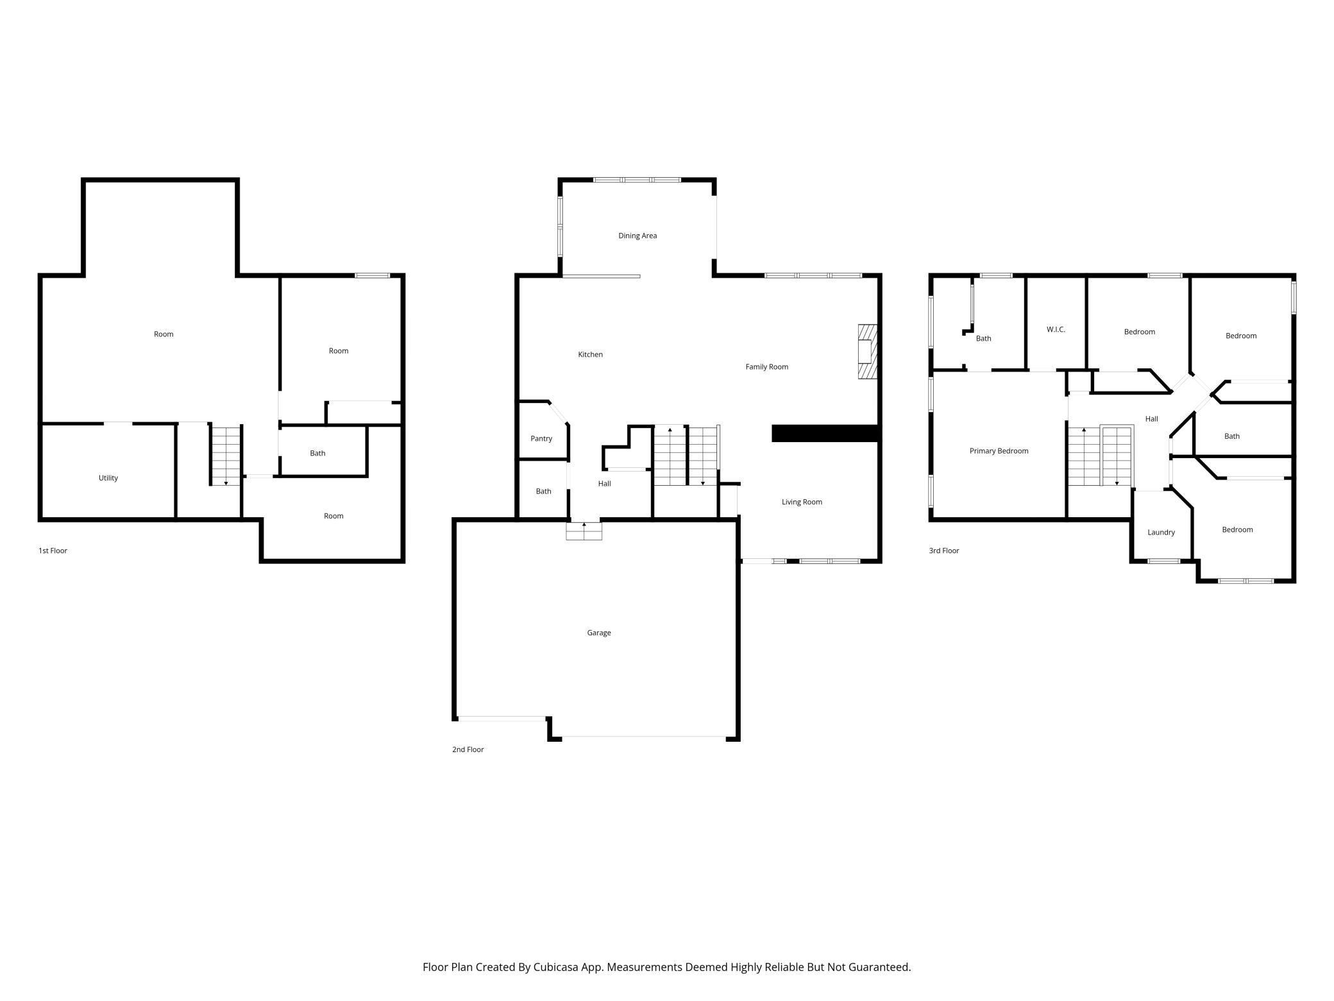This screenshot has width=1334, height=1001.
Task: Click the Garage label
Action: tap(598, 633)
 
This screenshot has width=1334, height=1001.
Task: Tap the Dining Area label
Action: tap(637, 235)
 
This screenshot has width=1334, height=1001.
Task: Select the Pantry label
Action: tap(541, 438)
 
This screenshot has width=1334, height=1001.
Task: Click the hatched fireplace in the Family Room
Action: tap(867, 352)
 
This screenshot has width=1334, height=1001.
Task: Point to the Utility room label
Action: tap(108, 477)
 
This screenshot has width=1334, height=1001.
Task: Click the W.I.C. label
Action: tap(1055, 329)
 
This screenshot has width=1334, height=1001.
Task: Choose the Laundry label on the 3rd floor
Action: tap(1160, 532)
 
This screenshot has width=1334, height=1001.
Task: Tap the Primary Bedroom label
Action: tap(998, 450)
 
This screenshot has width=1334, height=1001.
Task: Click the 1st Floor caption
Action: tap(53, 551)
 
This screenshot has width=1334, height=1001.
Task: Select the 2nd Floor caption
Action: tap(468, 749)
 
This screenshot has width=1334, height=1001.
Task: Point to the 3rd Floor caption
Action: tap(943, 551)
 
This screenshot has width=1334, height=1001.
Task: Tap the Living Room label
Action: tap(801, 502)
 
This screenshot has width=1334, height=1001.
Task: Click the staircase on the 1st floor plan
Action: tap(226, 455)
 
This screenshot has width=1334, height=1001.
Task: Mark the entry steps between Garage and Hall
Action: tap(584, 531)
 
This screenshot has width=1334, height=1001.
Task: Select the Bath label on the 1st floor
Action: tap(317, 453)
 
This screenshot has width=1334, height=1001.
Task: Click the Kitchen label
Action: tap(590, 354)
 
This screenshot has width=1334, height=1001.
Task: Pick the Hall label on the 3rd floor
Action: tap(1151, 418)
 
